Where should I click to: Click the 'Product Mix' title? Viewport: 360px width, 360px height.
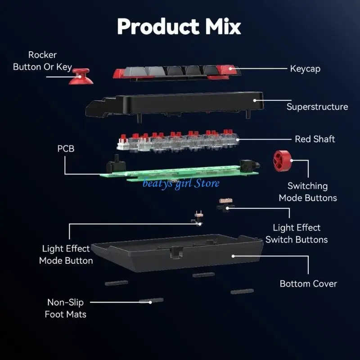[179, 27]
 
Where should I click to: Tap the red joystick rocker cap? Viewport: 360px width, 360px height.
[81, 76]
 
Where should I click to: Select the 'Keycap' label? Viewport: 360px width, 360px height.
[305, 69]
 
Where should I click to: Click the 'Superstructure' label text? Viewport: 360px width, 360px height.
[317, 107]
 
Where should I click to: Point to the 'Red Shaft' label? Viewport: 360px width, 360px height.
[315, 139]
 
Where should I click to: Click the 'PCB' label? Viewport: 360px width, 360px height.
[66, 148]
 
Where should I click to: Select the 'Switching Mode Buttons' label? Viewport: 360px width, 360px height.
[308, 192]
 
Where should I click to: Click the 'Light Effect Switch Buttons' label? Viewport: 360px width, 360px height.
[297, 234]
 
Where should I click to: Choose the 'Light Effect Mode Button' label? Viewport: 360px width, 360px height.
[66, 254]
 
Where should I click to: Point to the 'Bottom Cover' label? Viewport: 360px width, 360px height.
[308, 283]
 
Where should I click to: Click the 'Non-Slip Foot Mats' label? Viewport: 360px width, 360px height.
[65, 308]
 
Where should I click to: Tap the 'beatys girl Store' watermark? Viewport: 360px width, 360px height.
[181, 183]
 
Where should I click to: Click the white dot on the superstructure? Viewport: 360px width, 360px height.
[255, 100]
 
